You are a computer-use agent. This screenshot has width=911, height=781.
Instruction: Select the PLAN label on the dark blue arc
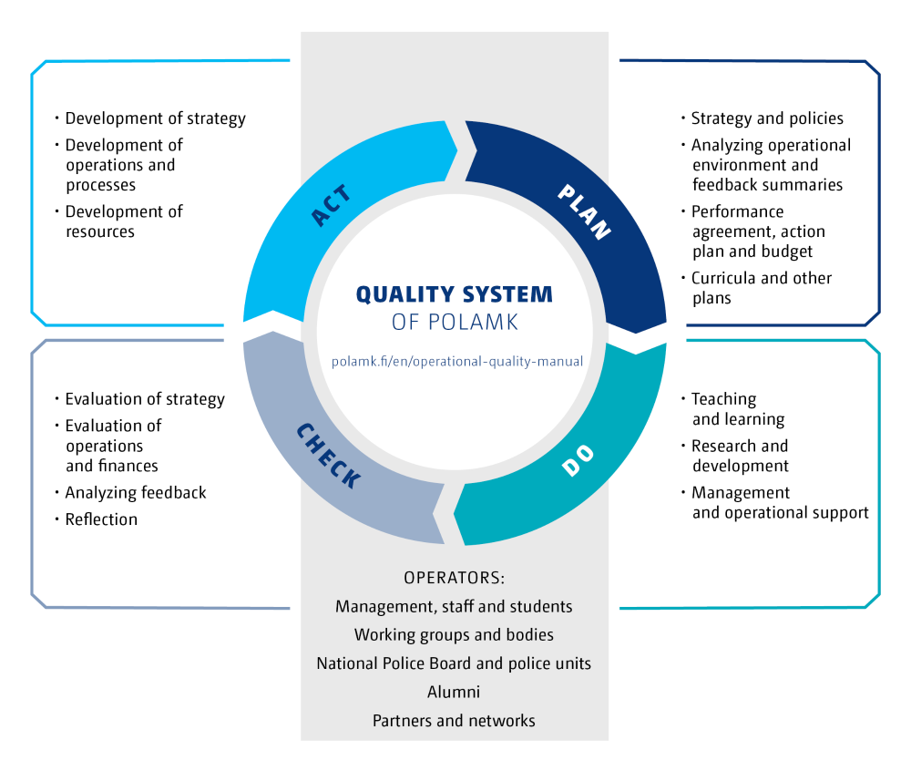coord(584,210)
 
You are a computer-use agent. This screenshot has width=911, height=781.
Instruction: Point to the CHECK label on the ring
coord(329,455)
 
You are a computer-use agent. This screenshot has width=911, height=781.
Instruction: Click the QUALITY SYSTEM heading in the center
coord(454,294)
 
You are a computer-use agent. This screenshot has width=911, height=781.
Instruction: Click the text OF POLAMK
coord(454,322)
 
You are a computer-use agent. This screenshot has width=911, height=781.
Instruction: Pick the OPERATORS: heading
coord(454,579)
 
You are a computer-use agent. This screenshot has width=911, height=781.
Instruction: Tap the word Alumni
coord(454,692)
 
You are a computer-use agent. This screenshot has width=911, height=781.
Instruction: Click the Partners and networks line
coord(454,720)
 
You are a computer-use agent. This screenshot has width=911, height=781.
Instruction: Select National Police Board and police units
coord(454,663)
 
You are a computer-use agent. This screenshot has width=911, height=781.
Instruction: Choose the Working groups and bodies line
coord(454,634)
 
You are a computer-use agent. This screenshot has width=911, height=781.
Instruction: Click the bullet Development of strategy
coord(155,118)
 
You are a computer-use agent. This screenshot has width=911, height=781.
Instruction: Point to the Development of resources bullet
coord(124,221)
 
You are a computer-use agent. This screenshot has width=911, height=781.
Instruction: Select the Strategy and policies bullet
coord(767,118)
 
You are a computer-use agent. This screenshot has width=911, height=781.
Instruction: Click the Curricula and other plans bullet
coord(761,288)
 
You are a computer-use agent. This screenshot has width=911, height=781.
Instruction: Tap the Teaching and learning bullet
coord(737,409)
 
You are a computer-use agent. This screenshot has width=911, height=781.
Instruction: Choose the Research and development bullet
coord(740,456)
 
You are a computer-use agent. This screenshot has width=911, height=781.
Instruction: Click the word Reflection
coord(101,519)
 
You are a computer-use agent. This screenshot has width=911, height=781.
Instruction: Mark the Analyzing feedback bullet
coord(136,493)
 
